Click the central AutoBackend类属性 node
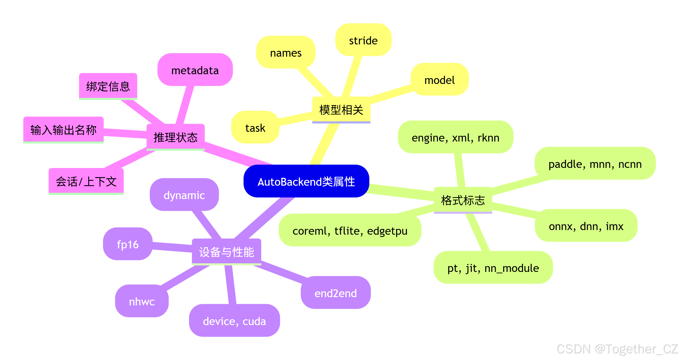(306, 182)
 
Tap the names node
(286, 53)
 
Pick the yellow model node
(439, 80)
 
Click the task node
(255, 128)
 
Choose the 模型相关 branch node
(341, 110)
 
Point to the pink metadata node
(195, 70)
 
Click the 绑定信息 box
(108, 86)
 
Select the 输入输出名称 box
(64, 130)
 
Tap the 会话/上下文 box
(86, 182)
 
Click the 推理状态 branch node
(176, 137)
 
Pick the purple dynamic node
(184, 195)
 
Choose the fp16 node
(128, 244)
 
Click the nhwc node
(142, 301)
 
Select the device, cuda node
(234, 321)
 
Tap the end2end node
(335, 293)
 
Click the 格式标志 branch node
(463, 200)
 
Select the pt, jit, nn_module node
(493, 268)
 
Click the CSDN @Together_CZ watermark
(617, 349)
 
